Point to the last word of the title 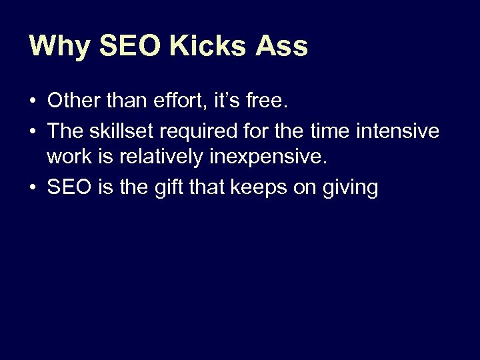coord(280,46)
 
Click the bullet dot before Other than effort coord(32,102)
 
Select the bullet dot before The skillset coord(32,131)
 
